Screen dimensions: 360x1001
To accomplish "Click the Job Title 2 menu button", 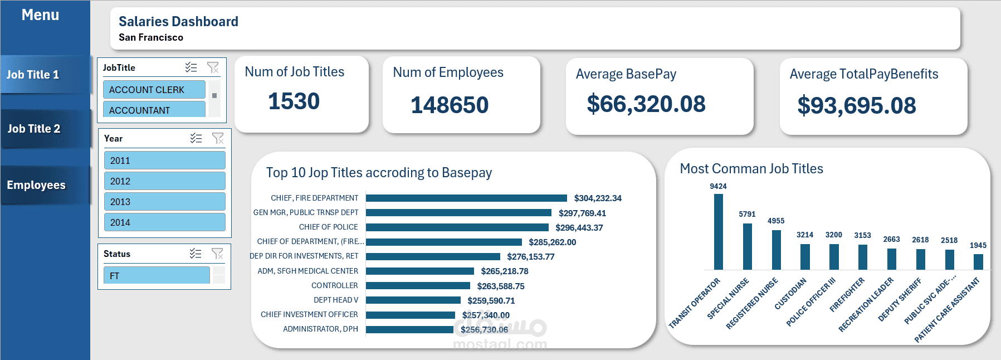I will [x=35, y=129].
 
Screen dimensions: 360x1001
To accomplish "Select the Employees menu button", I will [x=36, y=185].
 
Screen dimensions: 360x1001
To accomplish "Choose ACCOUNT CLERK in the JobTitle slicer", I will [x=154, y=90].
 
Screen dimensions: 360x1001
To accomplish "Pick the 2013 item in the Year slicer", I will [x=164, y=202].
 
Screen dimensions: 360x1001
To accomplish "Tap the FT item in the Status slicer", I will [x=156, y=276].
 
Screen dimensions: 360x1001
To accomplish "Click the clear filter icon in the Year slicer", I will [x=218, y=138].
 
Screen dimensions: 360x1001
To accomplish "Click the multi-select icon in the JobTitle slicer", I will [x=191, y=67].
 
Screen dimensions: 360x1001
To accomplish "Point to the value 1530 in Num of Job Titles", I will [x=294, y=101].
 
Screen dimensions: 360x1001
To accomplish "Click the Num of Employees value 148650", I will [x=449, y=105].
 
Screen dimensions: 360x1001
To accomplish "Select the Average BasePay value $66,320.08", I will [x=646, y=104].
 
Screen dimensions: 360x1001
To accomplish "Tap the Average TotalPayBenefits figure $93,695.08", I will [x=856, y=106].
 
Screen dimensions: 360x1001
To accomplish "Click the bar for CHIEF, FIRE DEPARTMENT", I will [x=466, y=198].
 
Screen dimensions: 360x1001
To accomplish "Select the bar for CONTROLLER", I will [x=418, y=286].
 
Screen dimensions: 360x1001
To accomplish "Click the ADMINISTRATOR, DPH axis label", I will [x=320, y=329].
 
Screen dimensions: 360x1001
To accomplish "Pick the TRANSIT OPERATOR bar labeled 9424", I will [x=719, y=231].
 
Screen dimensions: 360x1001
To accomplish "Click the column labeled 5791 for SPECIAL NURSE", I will [x=748, y=246].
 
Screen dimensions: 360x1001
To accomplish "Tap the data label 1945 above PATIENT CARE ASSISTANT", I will [x=978, y=245].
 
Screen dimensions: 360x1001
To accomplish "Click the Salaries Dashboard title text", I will [x=178, y=22].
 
